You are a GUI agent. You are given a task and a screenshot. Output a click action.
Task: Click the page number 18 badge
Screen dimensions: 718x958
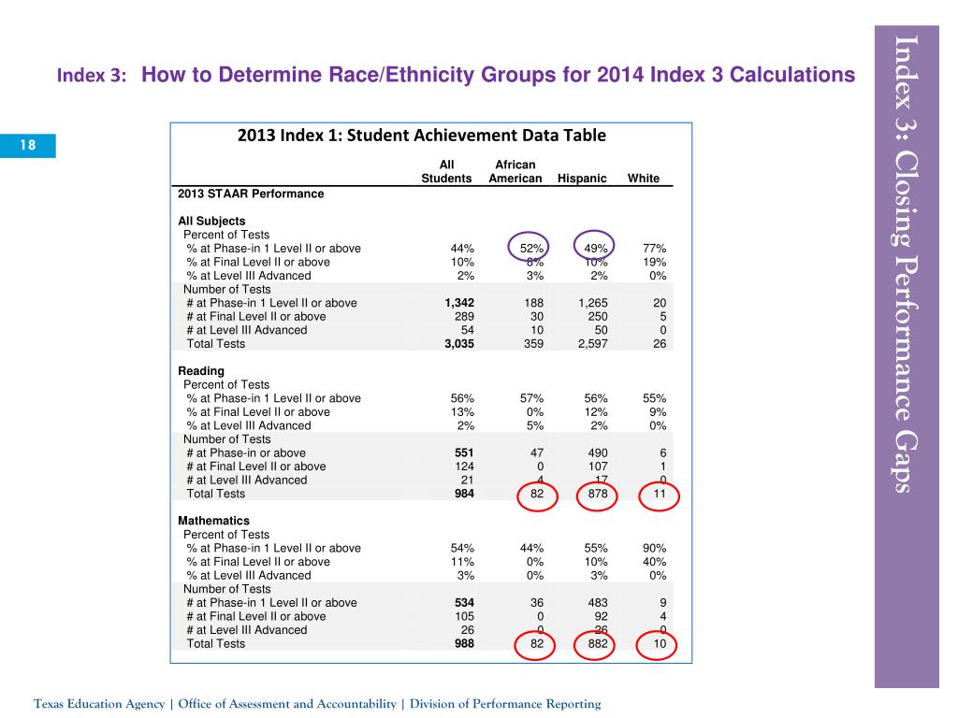[28, 145]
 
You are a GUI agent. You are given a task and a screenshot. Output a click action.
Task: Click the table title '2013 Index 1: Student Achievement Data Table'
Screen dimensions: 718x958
[422, 136]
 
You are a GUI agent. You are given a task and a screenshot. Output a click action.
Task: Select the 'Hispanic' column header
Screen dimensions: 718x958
[582, 179]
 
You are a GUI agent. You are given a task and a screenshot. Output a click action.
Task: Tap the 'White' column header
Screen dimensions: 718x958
[644, 179]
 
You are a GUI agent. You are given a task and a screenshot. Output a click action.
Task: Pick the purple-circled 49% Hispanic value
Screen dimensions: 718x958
[595, 249]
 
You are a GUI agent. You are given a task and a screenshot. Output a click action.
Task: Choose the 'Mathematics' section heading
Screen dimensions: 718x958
[213, 521]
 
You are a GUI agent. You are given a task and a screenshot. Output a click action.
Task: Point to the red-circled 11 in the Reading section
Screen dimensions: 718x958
[659, 494]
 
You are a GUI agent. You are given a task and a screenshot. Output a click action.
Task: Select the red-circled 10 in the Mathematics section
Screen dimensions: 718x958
[659, 643]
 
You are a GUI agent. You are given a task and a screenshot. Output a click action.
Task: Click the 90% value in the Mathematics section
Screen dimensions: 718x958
[654, 548]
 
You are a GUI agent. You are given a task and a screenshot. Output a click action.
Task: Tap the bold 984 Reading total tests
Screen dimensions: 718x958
[461, 494]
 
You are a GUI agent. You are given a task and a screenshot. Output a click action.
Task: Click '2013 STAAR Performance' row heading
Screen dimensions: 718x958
[251, 194]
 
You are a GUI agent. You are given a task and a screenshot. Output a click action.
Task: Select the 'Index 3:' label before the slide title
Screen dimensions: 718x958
[92, 76]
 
